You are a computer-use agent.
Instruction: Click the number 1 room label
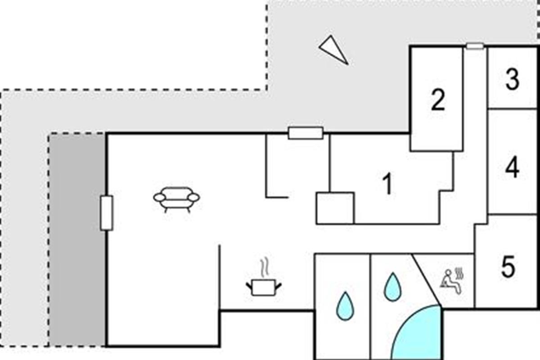pyautogui.click(x=387, y=183)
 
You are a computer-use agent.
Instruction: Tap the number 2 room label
pyautogui.click(x=438, y=100)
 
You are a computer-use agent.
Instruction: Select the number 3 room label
pyautogui.click(x=512, y=79)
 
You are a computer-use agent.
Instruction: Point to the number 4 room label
pyautogui.click(x=512, y=167)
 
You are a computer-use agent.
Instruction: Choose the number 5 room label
pyautogui.click(x=508, y=266)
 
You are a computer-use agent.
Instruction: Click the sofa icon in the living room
pyautogui.click(x=177, y=200)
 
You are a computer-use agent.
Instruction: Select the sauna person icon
pyautogui.click(x=451, y=281)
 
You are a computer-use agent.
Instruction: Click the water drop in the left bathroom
pyautogui.click(x=345, y=306)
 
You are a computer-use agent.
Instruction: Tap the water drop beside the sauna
pyautogui.click(x=393, y=287)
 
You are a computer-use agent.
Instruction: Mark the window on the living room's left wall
pyautogui.click(x=106, y=213)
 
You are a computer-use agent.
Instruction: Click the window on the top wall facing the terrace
pyautogui.click(x=306, y=133)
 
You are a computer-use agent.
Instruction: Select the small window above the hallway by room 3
pyautogui.click(x=475, y=46)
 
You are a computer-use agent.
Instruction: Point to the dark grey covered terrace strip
pyautogui.click(x=77, y=240)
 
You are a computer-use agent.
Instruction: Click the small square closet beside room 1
pyautogui.click(x=335, y=208)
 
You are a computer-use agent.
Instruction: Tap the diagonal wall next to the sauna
pyautogui.click(x=426, y=280)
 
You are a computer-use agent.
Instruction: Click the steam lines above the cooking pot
pyautogui.click(x=265, y=268)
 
